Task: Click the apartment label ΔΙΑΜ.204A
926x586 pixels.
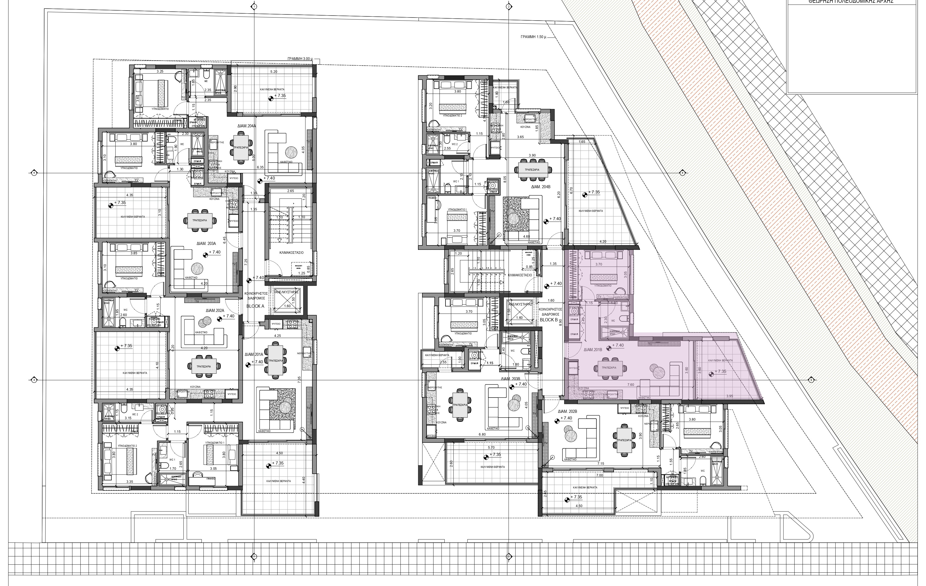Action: pos(247,125)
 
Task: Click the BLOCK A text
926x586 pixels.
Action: pos(255,306)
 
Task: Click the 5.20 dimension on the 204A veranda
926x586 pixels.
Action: pos(274,71)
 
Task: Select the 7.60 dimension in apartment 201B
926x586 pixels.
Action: pos(631,384)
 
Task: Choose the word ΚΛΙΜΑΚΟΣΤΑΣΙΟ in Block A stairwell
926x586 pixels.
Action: pos(292,252)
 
